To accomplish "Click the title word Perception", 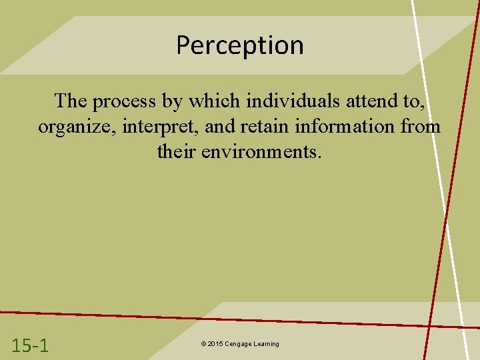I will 239,46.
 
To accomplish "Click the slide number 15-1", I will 30,345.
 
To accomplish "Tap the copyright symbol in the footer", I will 202,344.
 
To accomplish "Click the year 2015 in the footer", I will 214,344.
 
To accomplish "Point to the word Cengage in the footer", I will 237,344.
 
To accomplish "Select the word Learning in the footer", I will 266,344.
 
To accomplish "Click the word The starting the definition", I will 70,101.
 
